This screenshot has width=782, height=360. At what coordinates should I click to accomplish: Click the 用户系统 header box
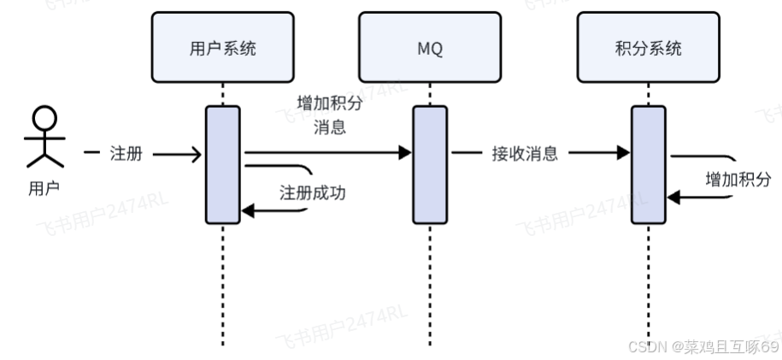[x=222, y=48]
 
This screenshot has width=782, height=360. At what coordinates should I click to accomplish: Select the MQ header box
[x=430, y=48]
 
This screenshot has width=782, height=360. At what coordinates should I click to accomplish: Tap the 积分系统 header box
[x=649, y=48]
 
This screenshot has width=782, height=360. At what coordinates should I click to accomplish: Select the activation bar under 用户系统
[x=223, y=163]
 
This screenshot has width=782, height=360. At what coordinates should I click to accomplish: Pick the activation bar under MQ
[x=430, y=163]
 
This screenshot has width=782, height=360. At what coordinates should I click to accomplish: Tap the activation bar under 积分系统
[x=649, y=163]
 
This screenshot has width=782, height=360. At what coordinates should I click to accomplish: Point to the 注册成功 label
[x=313, y=192]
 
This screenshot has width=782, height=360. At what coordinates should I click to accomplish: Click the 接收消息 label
[x=525, y=154]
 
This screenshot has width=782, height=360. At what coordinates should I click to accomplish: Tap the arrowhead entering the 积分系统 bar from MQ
[x=625, y=153]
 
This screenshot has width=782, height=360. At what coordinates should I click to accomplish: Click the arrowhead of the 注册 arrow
[x=197, y=154]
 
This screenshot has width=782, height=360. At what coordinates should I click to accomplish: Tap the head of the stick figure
[x=44, y=117]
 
